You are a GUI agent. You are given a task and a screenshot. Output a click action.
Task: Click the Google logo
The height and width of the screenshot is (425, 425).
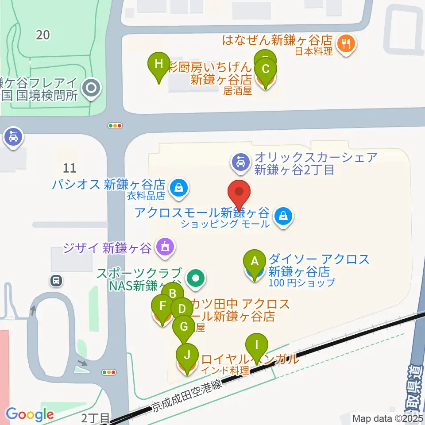[x=30, y=414]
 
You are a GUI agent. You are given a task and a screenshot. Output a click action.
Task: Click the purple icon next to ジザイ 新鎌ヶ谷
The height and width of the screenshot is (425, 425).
[x=165, y=247]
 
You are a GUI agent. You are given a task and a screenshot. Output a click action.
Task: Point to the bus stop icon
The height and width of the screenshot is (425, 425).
[x=56, y=280]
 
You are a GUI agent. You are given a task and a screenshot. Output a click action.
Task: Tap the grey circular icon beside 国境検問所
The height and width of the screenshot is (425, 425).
[x=92, y=88]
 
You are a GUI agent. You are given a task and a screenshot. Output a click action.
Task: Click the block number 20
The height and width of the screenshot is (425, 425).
[x=43, y=35]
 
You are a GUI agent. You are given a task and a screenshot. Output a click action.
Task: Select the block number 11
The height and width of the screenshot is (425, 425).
[x=70, y=168]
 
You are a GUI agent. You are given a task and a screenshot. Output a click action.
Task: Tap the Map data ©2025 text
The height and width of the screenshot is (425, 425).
[x=388, y=418]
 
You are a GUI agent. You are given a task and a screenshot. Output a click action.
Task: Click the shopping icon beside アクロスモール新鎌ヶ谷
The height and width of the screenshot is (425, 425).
[x=282, y=216]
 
